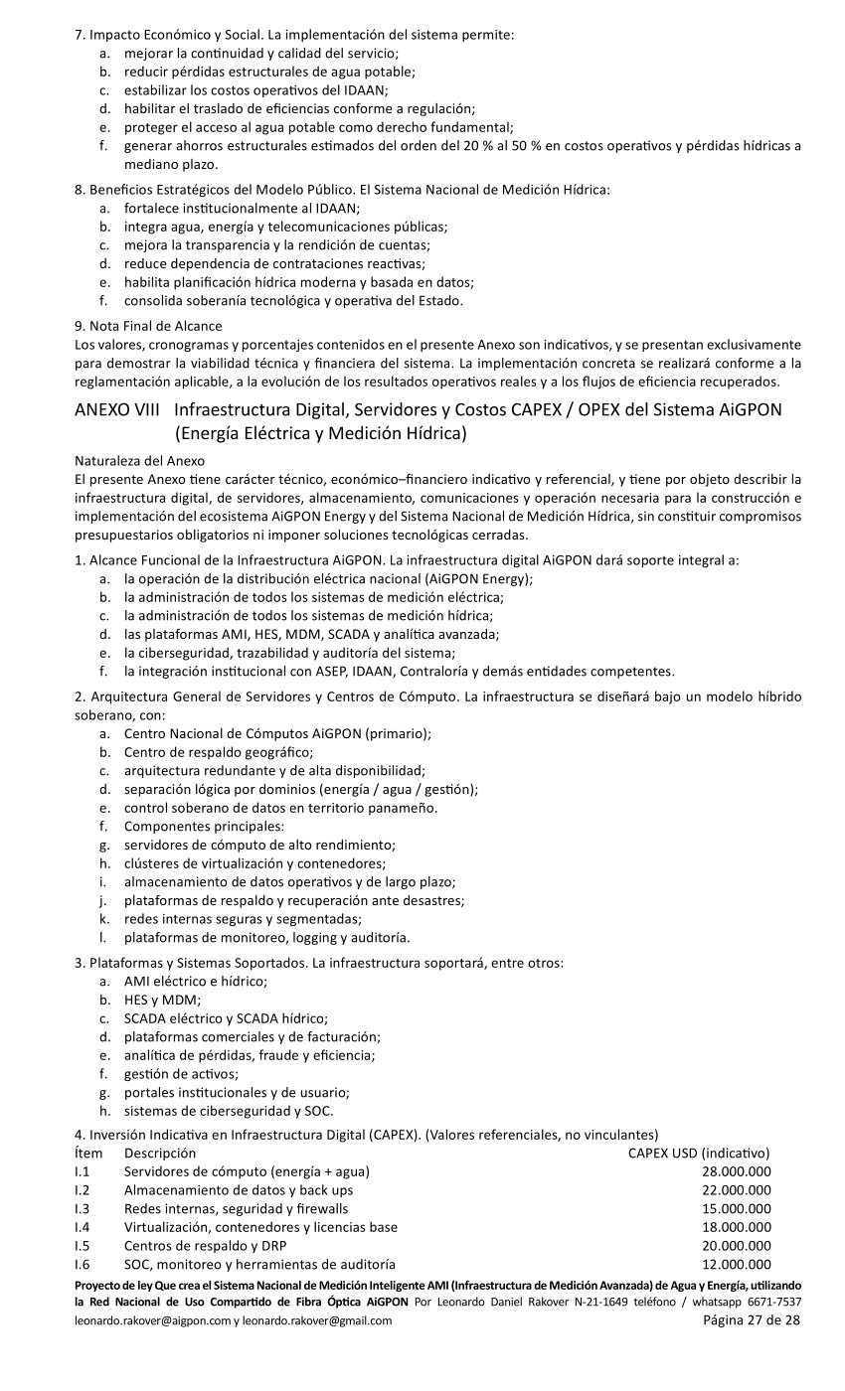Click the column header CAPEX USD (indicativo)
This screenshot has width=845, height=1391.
click(x=699, y=1153)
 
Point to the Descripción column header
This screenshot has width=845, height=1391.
click(x=160, y=1153)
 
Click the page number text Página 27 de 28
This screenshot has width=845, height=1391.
click(x=752, y=1320)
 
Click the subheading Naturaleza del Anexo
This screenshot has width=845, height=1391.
click(x=139, y=461)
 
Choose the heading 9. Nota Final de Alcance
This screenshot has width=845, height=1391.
click(x=149, y=325)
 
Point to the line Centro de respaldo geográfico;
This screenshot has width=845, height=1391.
click(x=219, y=751)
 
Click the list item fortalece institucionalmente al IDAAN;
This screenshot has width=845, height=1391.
click(x=242, y=208)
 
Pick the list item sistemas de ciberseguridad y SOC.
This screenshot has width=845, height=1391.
click(x=229, y=1111)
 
